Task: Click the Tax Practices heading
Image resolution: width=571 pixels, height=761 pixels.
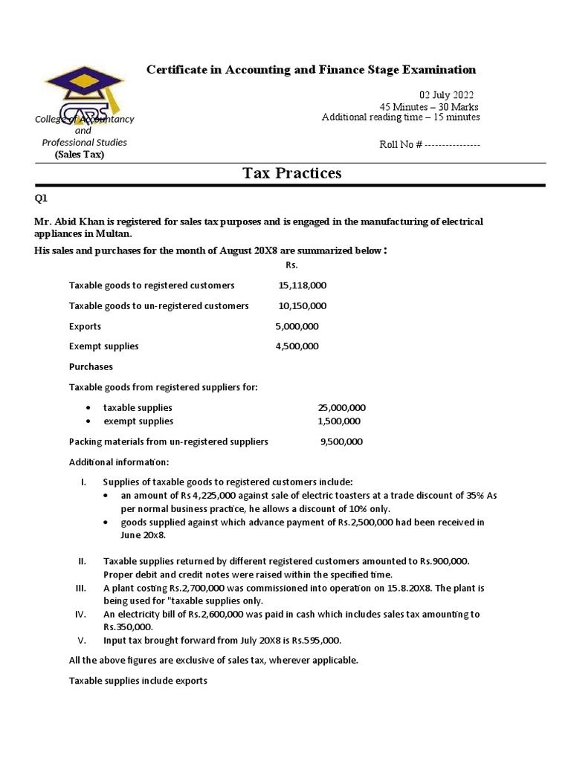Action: [292, 173]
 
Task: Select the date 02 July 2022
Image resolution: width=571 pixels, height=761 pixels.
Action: [446, 95]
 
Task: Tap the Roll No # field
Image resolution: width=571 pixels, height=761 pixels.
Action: [430, 144]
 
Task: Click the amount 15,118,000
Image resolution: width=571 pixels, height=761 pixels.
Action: [303, 285]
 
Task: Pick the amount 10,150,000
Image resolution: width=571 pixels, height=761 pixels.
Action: [303, 305]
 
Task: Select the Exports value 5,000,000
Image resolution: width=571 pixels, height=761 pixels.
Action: [297, 326]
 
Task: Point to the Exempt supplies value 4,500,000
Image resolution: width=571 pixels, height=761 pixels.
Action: [297, 346]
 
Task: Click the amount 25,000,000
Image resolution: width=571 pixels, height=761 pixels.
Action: [342, 408]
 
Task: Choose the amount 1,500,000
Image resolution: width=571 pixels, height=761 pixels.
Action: [339, 421]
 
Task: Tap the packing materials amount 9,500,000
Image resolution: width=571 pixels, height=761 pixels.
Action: [341, 441]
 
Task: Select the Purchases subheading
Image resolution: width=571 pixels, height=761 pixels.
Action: [91, 366]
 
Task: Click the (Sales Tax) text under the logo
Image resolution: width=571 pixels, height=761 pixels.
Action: [80, 155]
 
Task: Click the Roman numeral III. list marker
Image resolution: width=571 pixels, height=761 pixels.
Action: [83, 588]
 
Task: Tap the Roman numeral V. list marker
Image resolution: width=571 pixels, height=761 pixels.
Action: [83, 641]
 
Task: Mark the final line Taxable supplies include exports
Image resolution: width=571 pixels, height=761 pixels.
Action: [138, 680]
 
